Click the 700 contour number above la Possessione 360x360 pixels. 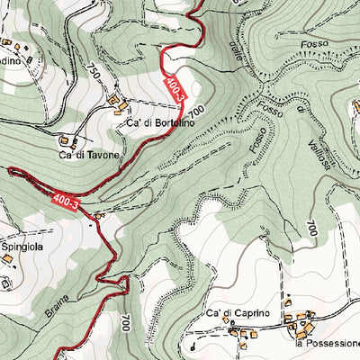point(311,229)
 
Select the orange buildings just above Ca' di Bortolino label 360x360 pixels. point(116,101)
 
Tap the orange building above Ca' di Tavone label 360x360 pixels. point(66,140)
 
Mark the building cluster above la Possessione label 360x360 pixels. point(299,319)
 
